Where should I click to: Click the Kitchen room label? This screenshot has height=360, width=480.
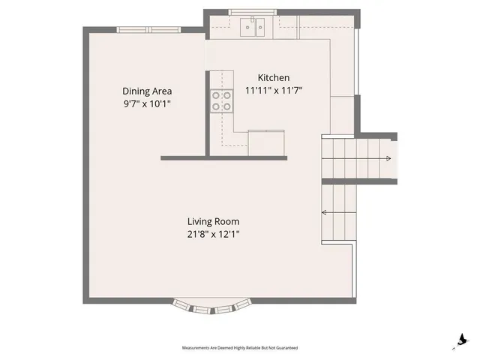click(x=273, y=78)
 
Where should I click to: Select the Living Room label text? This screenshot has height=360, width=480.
click(x=213, y=221)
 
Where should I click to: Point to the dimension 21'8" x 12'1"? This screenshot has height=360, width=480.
click(x=213, y=234)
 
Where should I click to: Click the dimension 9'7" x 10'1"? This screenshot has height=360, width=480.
click(x=148, y=104)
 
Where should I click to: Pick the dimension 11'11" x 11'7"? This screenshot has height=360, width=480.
click(x=273, y=91)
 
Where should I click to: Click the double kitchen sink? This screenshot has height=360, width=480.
click(x=253, y=28)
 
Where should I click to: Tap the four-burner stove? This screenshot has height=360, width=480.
click(x=221, y=100)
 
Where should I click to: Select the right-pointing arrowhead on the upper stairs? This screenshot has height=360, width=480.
click(x=387, y=158)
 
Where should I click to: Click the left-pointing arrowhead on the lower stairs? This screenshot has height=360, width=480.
click(x=325, y=212)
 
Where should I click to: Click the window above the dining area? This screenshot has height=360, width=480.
click(x=148, y=29)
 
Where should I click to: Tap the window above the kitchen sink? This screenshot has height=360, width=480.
click(x=252, y=12)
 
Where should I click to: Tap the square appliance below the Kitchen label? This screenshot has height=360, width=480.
click(x=266, y=142)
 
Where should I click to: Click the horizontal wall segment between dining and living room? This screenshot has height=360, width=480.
click(x=184, y=157)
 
